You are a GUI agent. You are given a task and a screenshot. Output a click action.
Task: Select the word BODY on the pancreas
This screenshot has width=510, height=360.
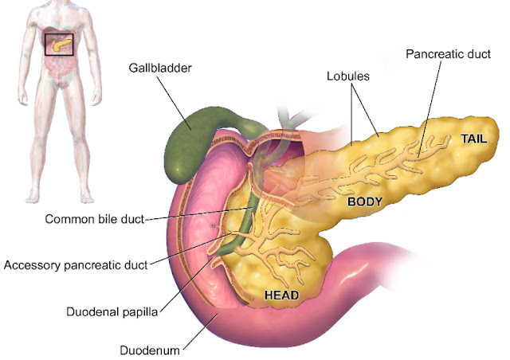366,202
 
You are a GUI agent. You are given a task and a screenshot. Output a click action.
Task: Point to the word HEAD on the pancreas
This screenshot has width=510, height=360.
281,295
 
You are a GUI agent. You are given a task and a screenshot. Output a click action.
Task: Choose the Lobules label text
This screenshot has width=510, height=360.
349,77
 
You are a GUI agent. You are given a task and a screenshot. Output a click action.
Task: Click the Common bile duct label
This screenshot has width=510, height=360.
95,219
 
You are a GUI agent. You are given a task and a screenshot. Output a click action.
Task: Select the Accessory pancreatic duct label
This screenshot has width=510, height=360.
76,264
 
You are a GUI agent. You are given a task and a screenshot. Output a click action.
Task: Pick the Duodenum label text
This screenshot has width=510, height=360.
148,349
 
